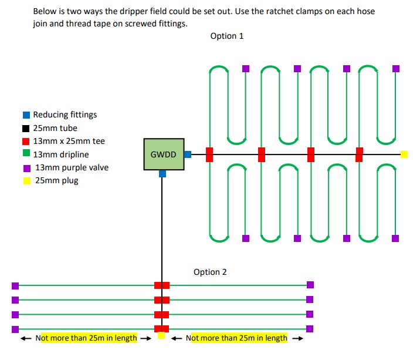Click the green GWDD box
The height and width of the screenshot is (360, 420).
[x=164, y=154]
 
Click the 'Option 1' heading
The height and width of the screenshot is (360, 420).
[x=226, y=36]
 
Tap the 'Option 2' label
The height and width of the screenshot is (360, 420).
[x=210, y=272]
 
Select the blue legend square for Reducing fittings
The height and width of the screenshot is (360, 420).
[x=26, y=115]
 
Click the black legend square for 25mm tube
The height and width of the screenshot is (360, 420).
[x=26, y=128]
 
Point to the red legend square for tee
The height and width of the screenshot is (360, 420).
[x=26, y=142]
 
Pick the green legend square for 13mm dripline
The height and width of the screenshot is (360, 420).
[x=26, y=154]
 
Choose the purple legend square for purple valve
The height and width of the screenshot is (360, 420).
[x=26, y=168]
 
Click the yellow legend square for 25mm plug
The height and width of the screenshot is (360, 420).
[x=26, y=181]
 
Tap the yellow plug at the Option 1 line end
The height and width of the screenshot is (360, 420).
[x=404, y=154]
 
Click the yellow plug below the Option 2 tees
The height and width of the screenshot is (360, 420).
[x=161, y=336]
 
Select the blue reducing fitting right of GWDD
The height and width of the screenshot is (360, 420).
[x=188, y=154]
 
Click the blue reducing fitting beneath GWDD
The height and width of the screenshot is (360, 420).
[x=162, y=174]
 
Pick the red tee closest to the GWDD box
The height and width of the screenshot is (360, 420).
[x=209, y=154]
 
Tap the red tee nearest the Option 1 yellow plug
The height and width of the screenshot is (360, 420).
[x=359, y=154]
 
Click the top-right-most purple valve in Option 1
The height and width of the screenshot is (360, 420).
[x=396, y=69]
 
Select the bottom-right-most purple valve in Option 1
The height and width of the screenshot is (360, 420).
[x=395, y=238]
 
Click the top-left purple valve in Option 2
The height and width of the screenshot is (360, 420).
[x=15, y=286]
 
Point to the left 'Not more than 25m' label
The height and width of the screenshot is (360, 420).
[x=86, y=338]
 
